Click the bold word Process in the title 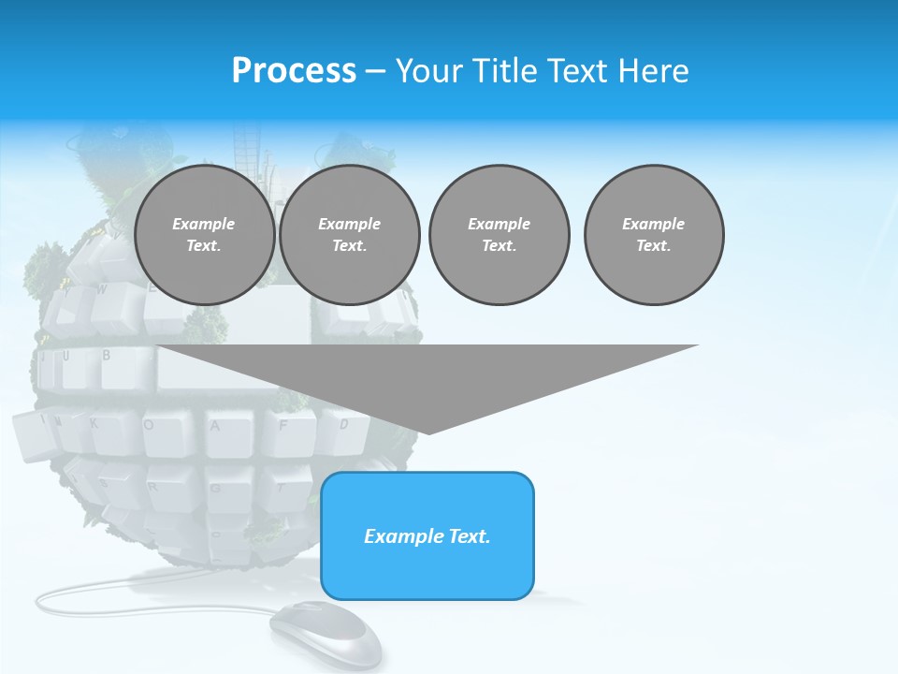click(x=294, y=71)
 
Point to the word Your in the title click(x=429, y=71)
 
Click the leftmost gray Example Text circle click(x=204, y=235)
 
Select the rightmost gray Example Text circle click(x=654, y=235)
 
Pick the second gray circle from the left click(x=349, y=235)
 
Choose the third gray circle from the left click(x=499, y=235)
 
